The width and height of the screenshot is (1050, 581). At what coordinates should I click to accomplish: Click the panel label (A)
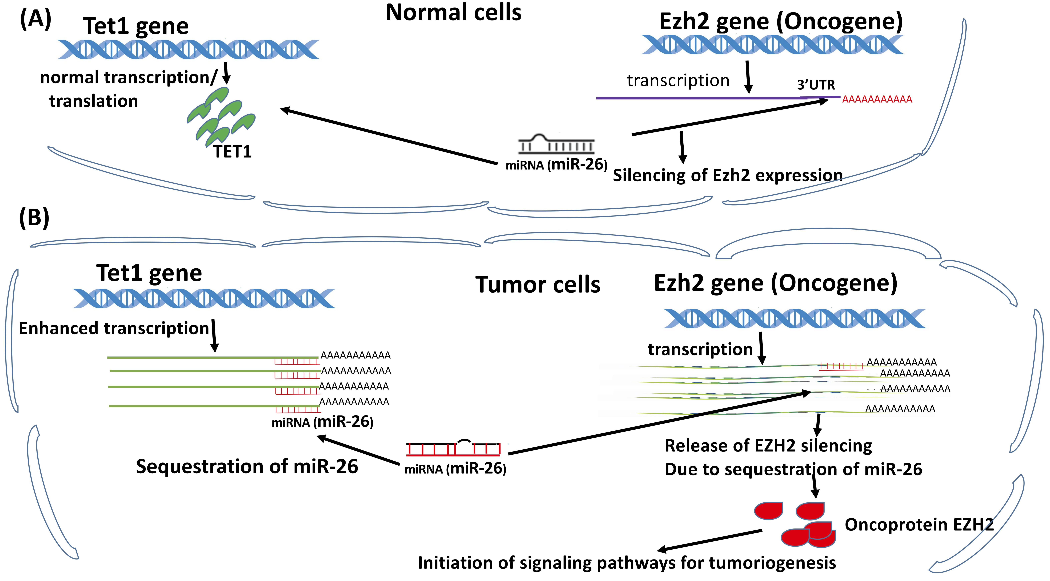coord(36,19)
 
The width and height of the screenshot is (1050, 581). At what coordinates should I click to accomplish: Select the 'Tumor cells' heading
coord(538,284)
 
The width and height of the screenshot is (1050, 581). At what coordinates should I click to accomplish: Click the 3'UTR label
coord(816,85)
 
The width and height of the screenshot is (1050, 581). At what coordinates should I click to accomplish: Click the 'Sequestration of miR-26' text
coord(247,466)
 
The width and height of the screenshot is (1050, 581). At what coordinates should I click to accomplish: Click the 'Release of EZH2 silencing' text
coord(768,446)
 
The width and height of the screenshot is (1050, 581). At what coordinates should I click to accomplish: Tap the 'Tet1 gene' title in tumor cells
coord(149,273)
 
